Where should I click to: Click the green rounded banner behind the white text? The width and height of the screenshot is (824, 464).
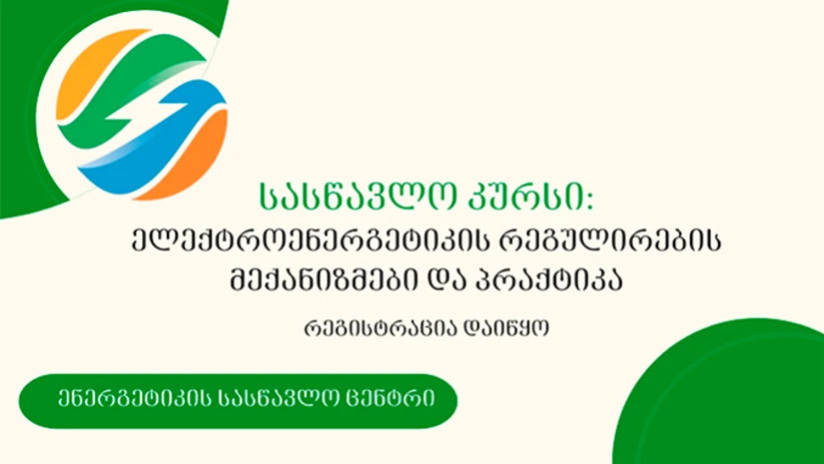click(238, 401)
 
